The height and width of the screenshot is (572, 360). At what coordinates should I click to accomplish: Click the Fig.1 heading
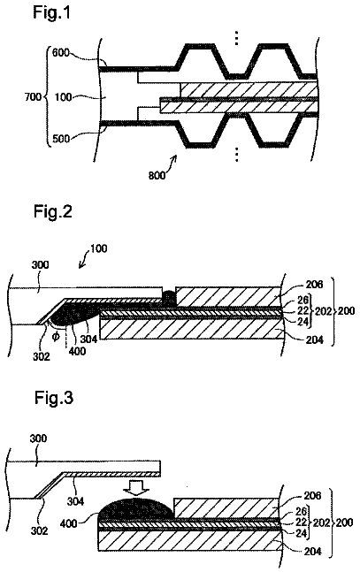(x=51, y=12)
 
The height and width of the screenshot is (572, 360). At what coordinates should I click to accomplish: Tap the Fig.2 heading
(x=53, y=211)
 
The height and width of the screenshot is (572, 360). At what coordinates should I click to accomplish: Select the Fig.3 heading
(x=54, y=397)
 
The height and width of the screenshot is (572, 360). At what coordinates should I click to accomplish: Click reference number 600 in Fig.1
(x=61, y=52)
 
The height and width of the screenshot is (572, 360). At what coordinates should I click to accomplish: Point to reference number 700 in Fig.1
(x=33, y=97)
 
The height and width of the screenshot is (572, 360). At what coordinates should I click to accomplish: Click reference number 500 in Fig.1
(x=61, y=139)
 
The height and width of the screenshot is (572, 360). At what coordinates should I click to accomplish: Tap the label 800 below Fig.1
(x=157, y=175)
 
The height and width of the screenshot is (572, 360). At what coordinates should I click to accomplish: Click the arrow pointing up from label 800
(x=172, y=163)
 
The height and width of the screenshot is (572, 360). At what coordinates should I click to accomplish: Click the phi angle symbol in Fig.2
(x=56, y=336)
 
